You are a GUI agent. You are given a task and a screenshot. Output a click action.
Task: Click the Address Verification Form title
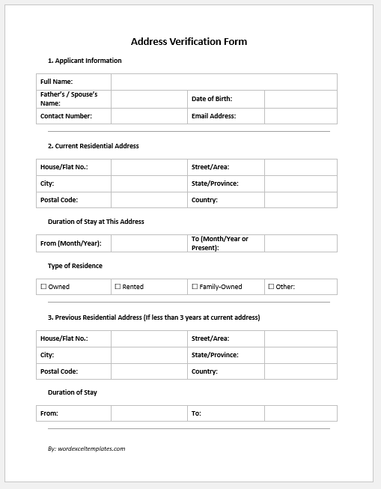189,42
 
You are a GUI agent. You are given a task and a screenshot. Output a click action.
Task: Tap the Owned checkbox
43,286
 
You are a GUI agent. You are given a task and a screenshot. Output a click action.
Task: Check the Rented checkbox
118,286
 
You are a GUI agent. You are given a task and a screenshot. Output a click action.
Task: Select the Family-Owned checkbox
195,286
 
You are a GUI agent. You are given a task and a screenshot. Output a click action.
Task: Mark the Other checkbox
271,286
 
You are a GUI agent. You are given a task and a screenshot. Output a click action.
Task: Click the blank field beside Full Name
224,82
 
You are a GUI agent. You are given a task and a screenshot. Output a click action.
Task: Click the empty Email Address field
300,116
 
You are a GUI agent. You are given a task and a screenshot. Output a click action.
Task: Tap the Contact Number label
66,116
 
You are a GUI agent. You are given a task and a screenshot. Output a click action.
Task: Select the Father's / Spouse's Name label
69,99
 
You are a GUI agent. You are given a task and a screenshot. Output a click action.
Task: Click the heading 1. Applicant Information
85,61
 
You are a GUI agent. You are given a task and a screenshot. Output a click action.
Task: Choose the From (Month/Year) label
70,243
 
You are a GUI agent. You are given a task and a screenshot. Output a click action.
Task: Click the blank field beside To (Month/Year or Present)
300,243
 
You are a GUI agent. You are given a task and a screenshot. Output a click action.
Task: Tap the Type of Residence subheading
75,266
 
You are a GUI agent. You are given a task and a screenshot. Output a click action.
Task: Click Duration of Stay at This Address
96,222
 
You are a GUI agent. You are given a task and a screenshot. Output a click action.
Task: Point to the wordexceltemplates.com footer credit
86,449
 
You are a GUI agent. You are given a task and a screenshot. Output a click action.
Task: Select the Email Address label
213,116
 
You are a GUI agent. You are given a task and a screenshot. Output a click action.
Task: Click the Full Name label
56,82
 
